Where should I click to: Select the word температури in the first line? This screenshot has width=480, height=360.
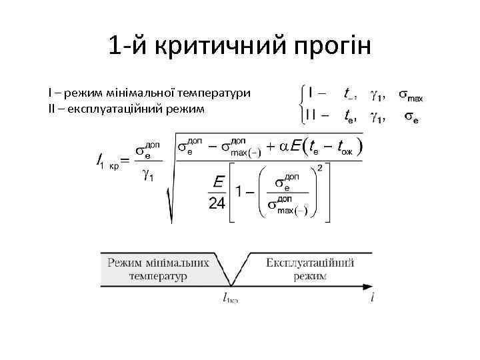[212, 93]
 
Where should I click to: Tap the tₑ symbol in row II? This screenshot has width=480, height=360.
[349, 117]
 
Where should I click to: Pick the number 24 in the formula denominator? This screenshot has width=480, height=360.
[217, 203]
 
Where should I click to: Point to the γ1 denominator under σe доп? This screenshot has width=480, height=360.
[148, 176]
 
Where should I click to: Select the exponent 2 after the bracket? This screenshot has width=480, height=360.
[320, 167]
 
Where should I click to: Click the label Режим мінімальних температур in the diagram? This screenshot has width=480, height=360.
[159, 269]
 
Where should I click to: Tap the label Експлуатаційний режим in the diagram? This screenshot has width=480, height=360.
[310, 269]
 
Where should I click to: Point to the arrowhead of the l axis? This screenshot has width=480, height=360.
[369, 287]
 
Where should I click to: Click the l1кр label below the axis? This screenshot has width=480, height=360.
[230, 299]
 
